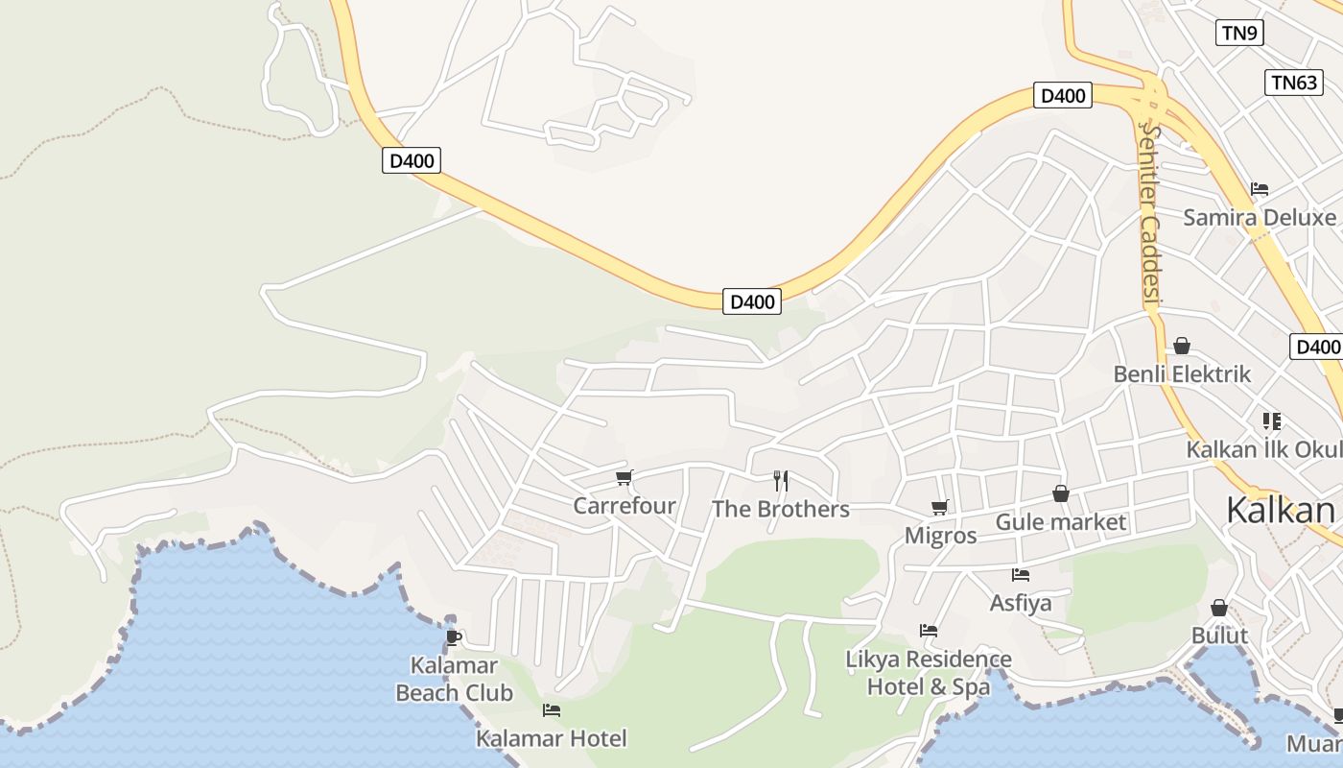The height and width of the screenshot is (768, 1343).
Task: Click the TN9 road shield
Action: pyautogui.click(x=1239, y=33)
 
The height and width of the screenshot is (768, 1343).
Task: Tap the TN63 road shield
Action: pyautogui.click(x=1294, y=83)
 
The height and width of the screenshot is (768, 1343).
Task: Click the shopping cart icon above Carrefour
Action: pyautogui.click(x=624, y=477)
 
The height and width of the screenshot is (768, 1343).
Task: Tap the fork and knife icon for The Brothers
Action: pyautogui.click(x=781, y=480)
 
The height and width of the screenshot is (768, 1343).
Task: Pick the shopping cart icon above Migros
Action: pyautogui.click(x=940, y=507)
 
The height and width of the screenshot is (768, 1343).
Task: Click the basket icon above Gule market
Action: pyautogui.click(x=1061, y=493)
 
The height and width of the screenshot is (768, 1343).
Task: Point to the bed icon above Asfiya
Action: pyautogui.click(x=1021, y=575)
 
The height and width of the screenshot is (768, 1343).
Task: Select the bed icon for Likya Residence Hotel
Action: pyautogui.click(x=929, y=631)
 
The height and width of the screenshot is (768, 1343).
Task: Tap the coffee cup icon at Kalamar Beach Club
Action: pyautogui.click(x=454, y=637)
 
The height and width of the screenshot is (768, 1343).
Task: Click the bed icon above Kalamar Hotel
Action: pyautogui.click(x=552, y=710)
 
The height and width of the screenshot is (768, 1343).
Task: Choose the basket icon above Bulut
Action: pyautogui.click(x=1219, y=608)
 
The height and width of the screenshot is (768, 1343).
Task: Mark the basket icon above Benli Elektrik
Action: pyautogui.click(x=1182, y=346)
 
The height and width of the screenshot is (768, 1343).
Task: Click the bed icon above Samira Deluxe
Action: pyautogui.click(x=1260, y=189)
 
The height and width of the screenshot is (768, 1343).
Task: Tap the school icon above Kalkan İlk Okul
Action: pyautogui.click(x=1272, y=420)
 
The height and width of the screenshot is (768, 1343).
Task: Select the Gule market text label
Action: pyautogui.click(x=1061, y=522)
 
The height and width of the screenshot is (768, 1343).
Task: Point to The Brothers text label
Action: pyautogui.click(x=781, y=509)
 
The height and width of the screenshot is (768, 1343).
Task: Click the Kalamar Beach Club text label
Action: pyautogui.click(x=454, y=679)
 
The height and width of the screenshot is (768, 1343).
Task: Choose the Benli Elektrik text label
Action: pyautogui.click(x=1182, y=373)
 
